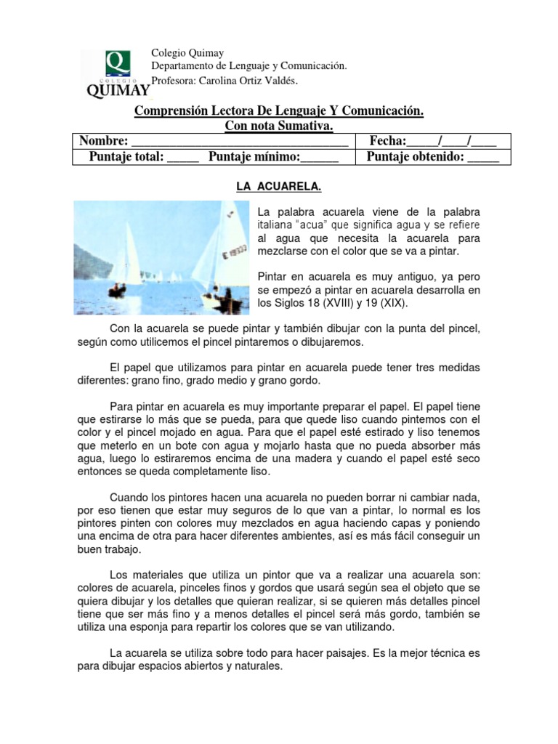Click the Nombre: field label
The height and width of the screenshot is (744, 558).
coord(103,142)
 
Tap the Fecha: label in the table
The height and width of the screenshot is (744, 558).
coord(388,142)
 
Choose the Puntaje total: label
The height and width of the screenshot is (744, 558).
coord(127,157)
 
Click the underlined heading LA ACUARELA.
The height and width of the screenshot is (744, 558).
coord(278,187)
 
